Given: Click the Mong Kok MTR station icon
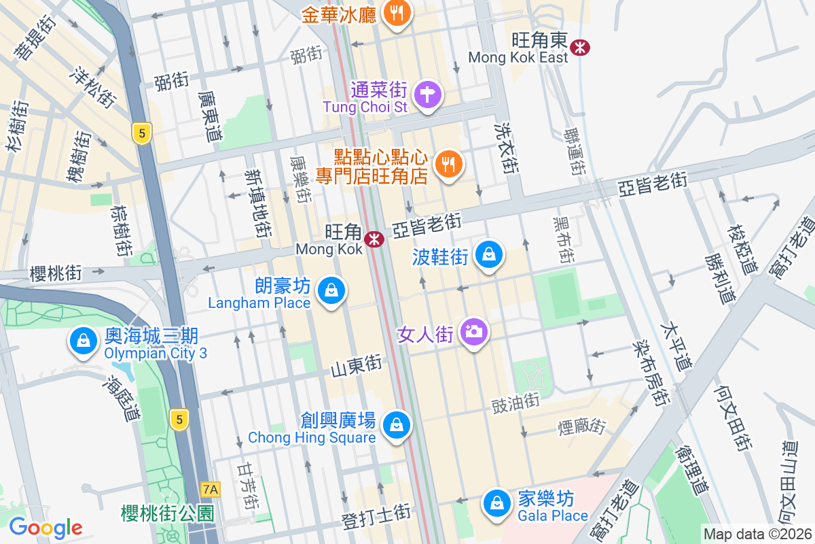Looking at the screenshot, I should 374,239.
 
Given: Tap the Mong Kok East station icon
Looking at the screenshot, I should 580,47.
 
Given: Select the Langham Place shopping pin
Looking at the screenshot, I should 331,290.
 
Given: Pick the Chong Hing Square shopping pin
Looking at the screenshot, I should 395,426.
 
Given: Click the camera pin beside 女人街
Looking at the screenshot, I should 473,332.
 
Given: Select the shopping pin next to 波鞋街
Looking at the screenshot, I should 488,254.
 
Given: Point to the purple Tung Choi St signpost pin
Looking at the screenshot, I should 427,94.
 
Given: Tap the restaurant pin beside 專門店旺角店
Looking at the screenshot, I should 448,164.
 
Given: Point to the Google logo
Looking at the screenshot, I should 46,528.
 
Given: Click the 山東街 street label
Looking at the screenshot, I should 357,367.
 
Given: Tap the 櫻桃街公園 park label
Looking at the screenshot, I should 168,513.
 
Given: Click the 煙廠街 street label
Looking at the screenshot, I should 581,427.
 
